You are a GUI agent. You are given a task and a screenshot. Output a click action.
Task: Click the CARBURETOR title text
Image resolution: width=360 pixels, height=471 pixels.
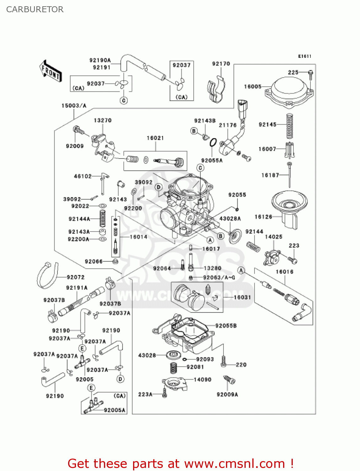(x=35, y=9)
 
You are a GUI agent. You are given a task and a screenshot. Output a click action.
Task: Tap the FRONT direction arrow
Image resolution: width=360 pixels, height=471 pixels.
(x=51, y=72)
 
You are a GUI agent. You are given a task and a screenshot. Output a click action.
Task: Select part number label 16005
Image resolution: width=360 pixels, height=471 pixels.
(x=253, y=87)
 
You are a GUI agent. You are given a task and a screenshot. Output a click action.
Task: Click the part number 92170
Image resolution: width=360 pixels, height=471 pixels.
(x=221, y=64)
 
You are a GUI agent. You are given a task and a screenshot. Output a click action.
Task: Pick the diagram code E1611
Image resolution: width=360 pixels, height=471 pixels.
(x=304, y=56)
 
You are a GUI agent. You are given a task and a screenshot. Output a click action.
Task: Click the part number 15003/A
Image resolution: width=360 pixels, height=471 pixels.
(x=74, y=106)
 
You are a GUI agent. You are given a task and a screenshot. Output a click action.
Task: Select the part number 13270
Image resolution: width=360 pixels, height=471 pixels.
(x=103, y=120)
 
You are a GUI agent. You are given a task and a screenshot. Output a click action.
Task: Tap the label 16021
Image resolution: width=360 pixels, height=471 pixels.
(x=155, y=138)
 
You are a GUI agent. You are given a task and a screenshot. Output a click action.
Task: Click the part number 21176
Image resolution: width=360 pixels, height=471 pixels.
(x=228, y=125)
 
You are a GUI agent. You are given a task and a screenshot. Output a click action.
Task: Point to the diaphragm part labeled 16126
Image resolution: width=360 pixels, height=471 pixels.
(x=289, y=209)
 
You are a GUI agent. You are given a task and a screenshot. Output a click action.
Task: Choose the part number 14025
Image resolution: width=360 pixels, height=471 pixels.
(x=274, y=237)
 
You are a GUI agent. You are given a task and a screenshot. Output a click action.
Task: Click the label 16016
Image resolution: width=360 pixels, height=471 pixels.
(x=284, y=272)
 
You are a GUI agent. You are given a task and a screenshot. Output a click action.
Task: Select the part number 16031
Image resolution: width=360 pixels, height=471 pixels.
(x=242, y=297)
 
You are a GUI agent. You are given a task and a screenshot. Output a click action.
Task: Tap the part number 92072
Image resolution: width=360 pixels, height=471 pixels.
(x=76, y=277)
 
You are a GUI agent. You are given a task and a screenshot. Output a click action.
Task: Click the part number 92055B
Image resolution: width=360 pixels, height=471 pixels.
(x=226, y=326)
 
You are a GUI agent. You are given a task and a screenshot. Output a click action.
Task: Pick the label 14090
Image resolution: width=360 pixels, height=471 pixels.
(x=202, y=380)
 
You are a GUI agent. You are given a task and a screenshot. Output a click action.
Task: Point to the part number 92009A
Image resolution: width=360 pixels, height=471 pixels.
(x=227, y=394)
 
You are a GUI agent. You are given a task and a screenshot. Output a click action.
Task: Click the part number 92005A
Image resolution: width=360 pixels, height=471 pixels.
(x=114, y=410)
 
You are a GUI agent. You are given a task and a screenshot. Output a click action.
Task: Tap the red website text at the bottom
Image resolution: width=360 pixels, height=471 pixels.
(x=180, y=463)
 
